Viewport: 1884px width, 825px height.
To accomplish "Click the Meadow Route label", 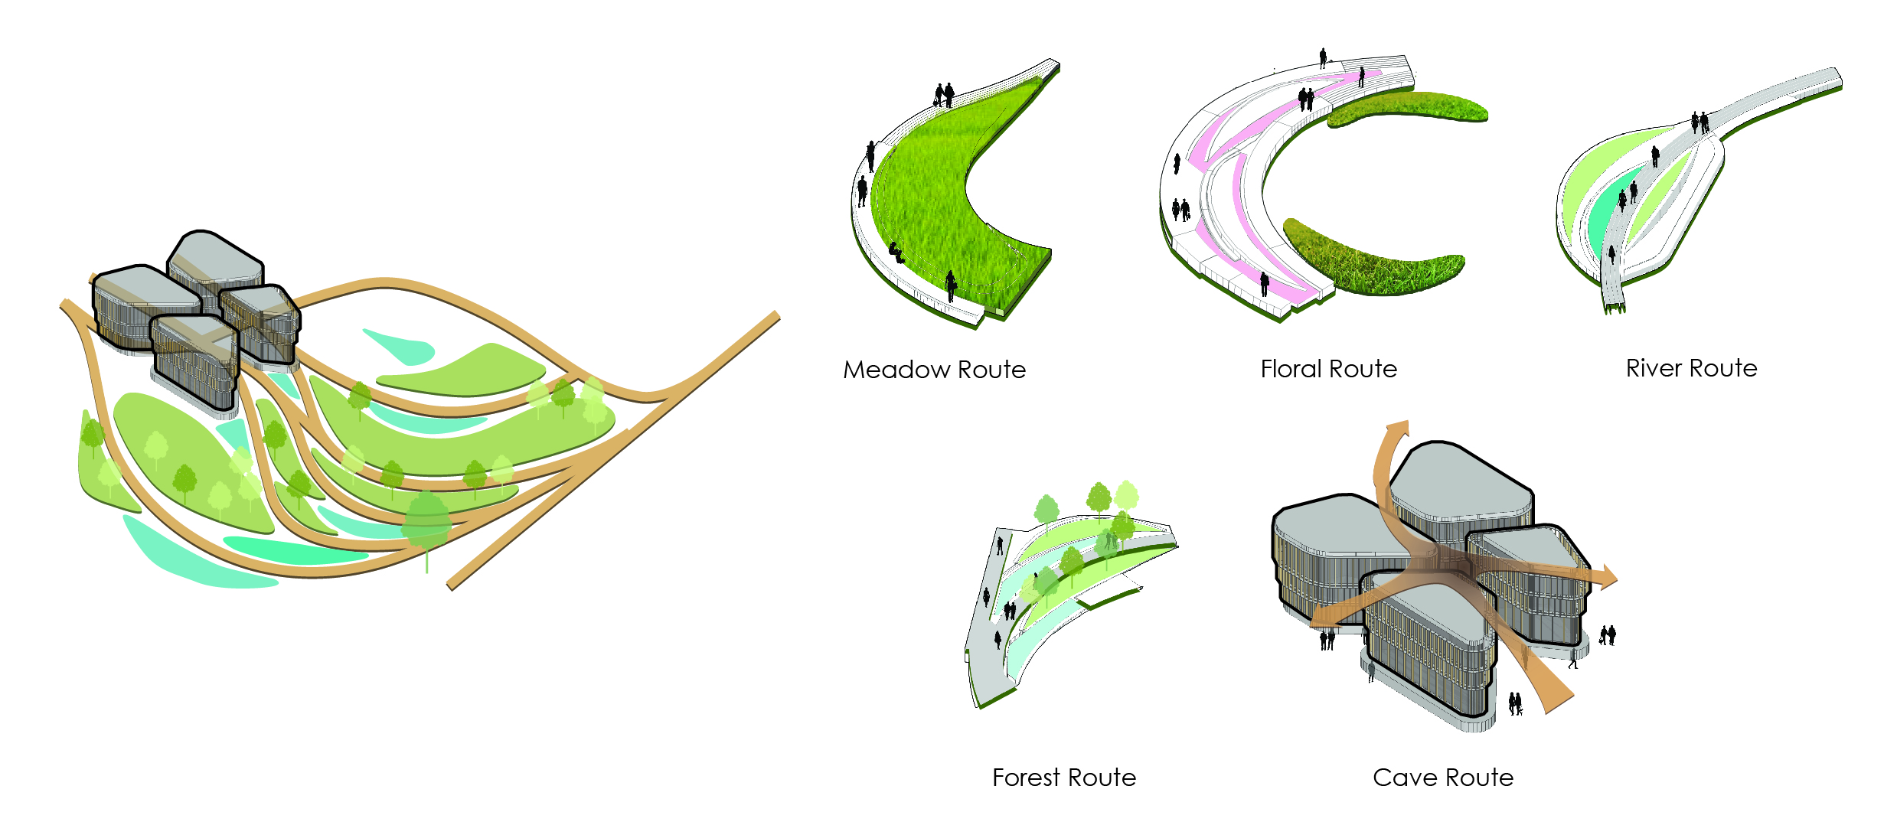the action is point(934,370).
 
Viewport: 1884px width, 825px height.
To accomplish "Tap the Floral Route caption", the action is point(1328,369).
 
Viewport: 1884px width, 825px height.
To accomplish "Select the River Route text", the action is point(1691,368).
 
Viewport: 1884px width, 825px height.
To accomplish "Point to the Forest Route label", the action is point(1064,778).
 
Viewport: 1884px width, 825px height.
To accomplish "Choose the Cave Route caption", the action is point(1443,778).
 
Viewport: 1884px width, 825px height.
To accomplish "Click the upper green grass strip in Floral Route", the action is point(1407,108).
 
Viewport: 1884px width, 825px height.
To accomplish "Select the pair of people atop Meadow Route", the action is point(944,95).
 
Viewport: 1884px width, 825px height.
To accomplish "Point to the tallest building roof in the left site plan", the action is point(215,256).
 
